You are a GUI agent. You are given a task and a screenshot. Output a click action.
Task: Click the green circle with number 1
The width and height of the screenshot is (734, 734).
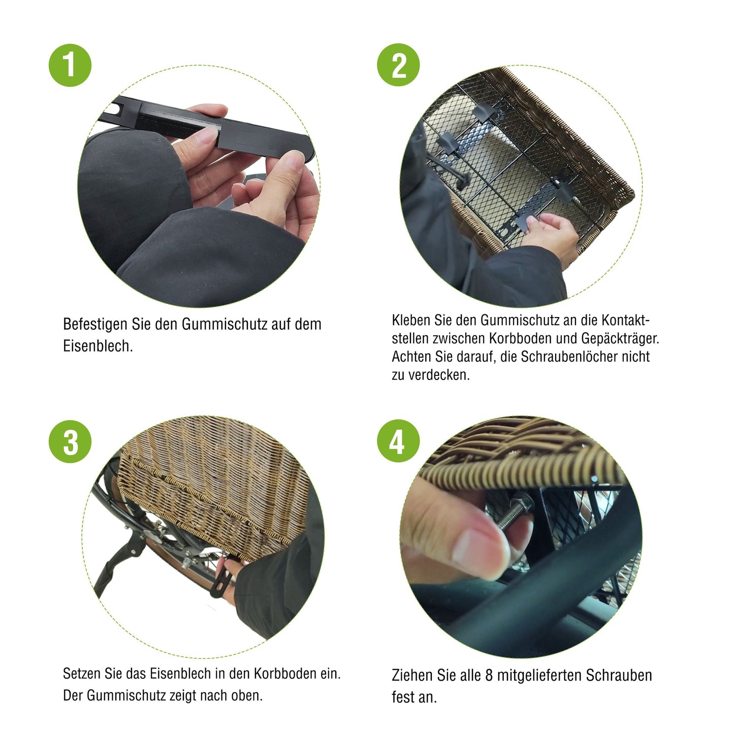point(70,65)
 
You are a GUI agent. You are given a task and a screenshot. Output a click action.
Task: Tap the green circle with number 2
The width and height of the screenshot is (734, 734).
point(398,65)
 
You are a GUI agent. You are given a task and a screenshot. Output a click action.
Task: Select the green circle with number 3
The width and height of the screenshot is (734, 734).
point(70,441)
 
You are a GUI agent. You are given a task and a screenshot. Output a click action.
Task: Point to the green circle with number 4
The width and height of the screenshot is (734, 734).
point(398,441)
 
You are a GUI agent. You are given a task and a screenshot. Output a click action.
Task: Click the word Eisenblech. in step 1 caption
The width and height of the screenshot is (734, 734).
point(98,346)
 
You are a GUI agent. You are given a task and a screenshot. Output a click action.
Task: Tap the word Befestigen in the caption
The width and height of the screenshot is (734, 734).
point(95,325)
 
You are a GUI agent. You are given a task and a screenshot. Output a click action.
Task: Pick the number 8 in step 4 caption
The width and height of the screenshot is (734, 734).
point(489,676)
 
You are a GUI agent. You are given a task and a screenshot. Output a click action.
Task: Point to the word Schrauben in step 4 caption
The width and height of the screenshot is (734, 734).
point(619,676)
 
